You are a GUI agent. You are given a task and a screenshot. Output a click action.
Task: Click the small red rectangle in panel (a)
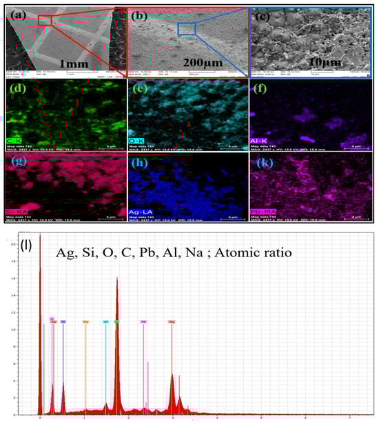[x=45, y=21]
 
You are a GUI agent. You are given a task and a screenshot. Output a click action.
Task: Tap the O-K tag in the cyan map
[x=138, y=139]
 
